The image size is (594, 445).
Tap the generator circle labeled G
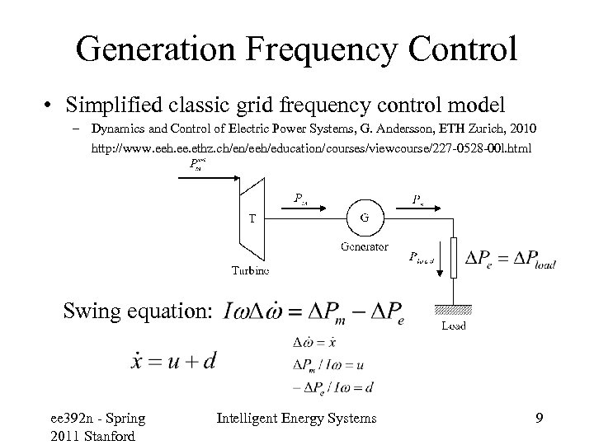tap(365, 218)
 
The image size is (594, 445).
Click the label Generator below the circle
tap(364, 246)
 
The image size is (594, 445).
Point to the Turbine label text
tap(248, 269)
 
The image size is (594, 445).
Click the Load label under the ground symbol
tap(453, 326)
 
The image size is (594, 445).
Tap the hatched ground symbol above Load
tap(453, 309)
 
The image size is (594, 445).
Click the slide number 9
tap(538, 419)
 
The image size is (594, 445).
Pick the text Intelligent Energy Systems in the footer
tap(297, 419)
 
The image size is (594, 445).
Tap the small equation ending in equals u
tap(329, 363)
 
